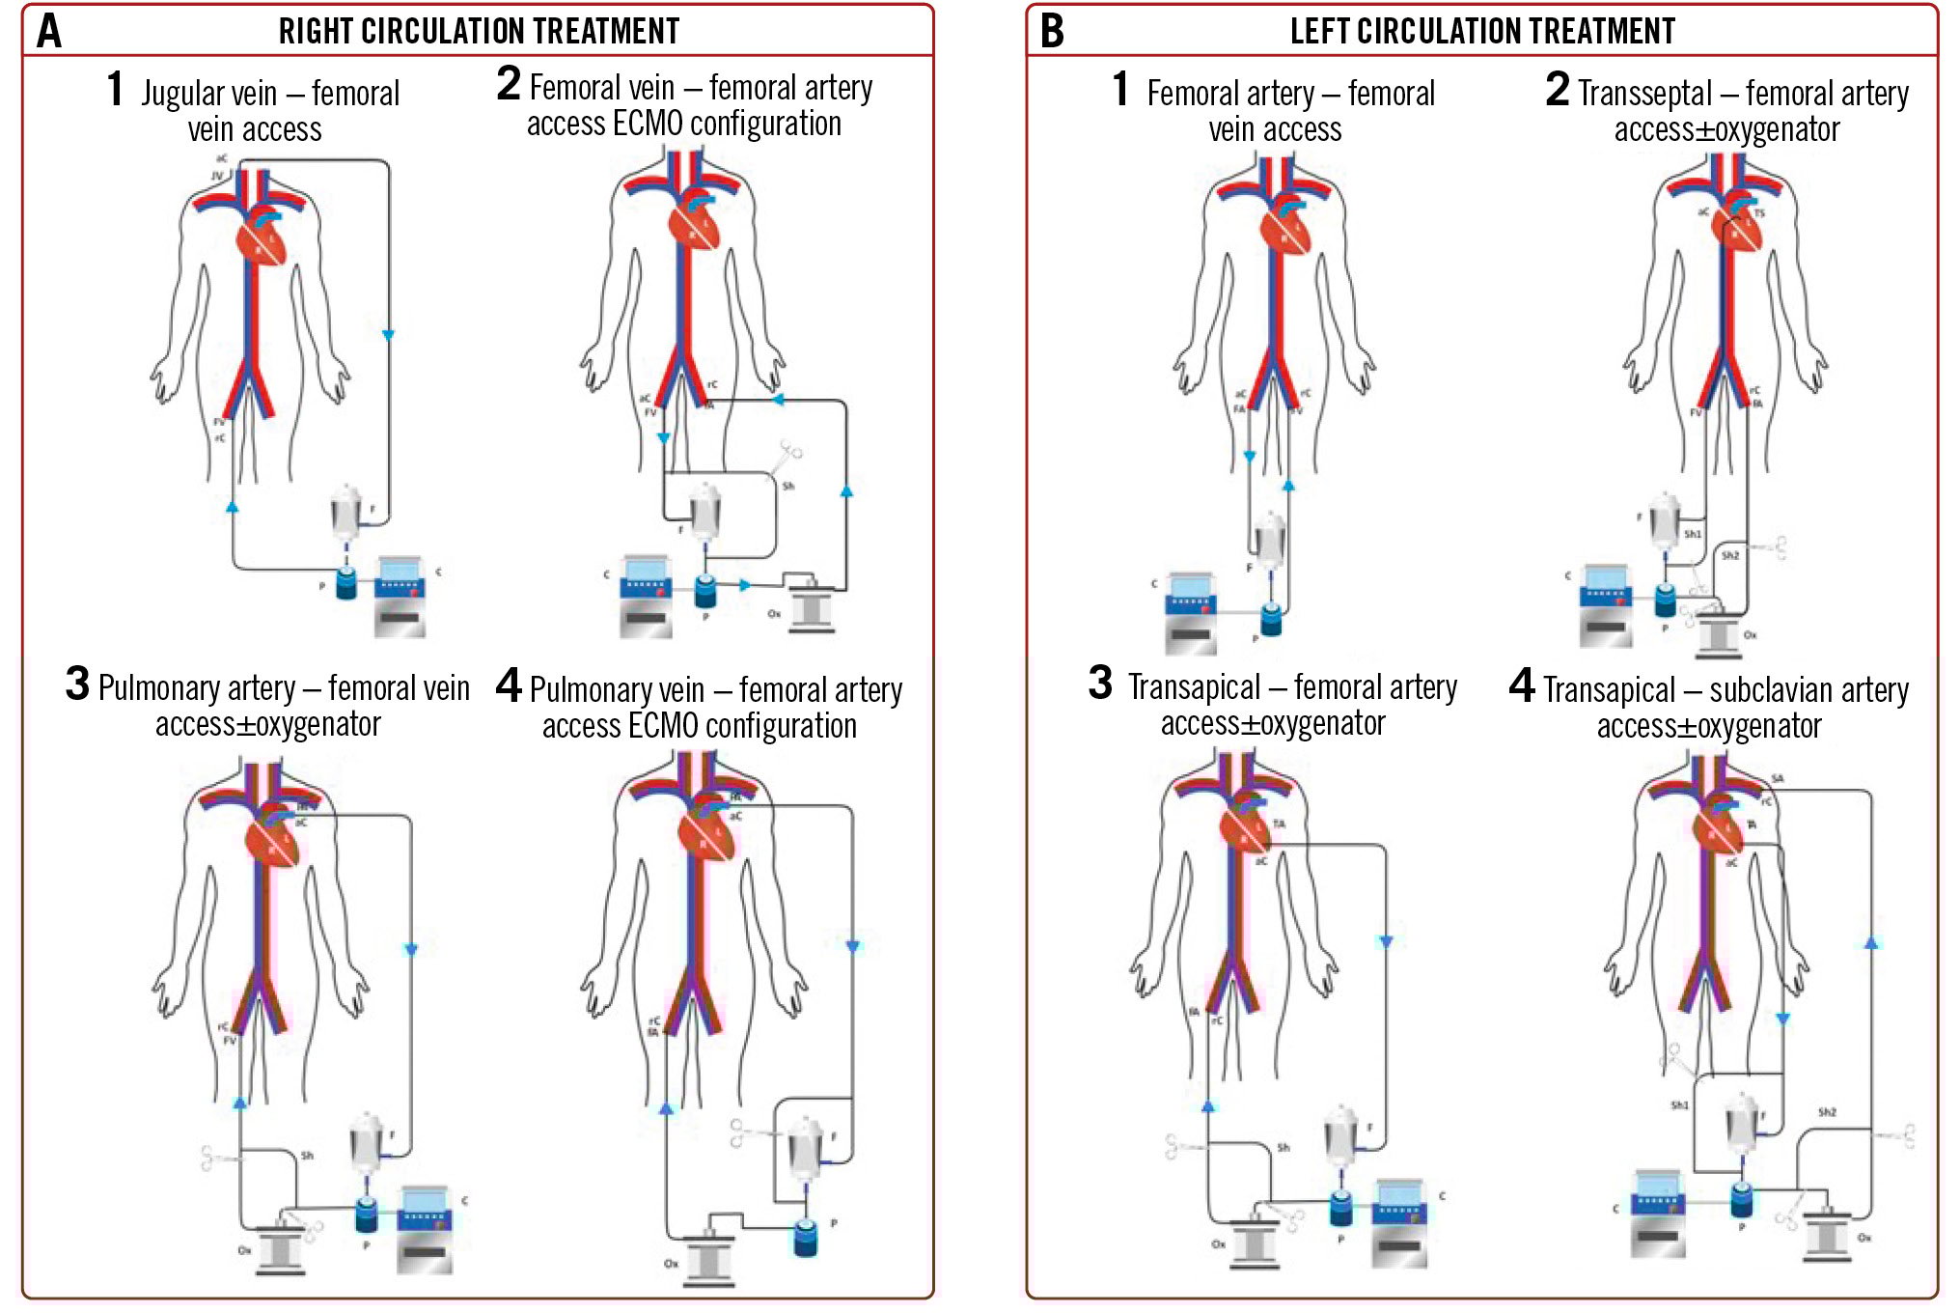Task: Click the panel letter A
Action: (49, 31)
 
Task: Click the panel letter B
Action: (1052, 31)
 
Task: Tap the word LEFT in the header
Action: (1321, 31)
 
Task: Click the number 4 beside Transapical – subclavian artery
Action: (1522, 685)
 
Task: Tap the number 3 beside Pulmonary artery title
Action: (77, 684)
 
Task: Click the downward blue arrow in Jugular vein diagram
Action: (388, 335)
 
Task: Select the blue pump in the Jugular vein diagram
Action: (346, 582)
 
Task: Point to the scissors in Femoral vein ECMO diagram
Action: (787, 456)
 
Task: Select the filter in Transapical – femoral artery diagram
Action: (1341, 1133)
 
